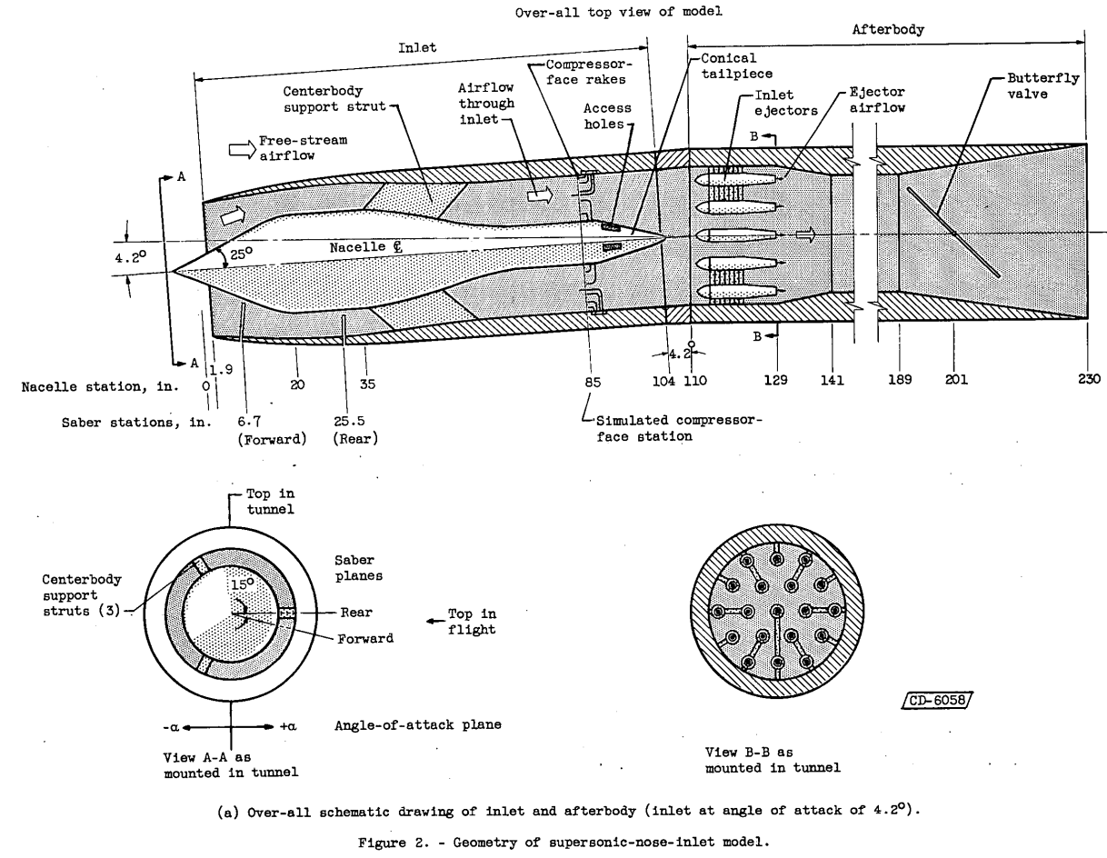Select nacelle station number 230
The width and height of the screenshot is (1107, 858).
coord(1088,381)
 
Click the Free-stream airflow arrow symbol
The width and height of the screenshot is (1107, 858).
coord(241,149)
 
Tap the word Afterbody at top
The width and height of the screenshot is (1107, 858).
coord(888,29)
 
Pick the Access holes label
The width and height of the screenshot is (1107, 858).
coord(607,116)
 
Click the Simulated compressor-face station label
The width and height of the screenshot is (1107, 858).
coord(679,428)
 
